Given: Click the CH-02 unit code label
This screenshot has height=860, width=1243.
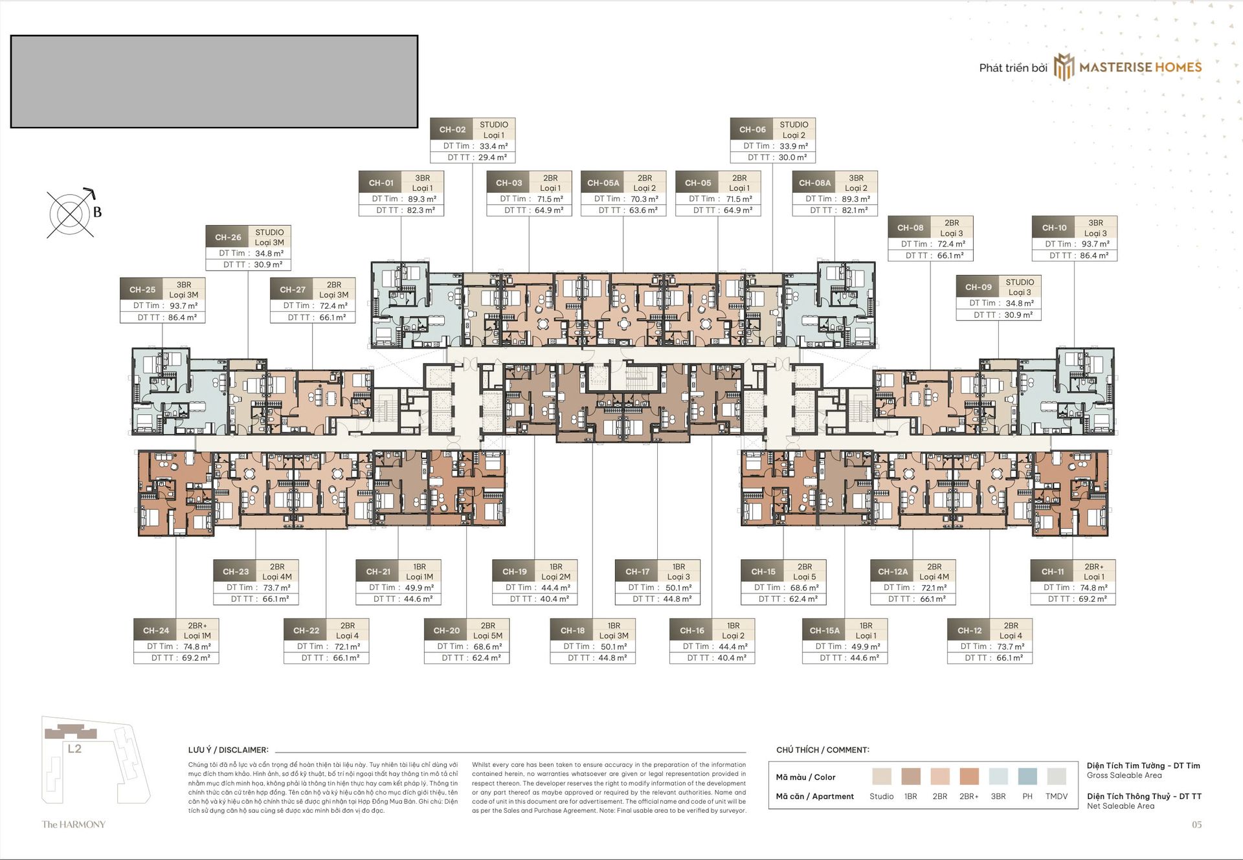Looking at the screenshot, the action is [452, 129].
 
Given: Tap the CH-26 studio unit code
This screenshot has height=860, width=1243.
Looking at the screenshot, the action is [228, 237].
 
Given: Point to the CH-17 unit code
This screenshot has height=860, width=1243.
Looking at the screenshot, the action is [637, 571].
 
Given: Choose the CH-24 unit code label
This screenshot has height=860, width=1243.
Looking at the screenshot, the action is [156, 630].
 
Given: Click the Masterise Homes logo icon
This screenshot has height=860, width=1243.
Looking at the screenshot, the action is [1064, 67].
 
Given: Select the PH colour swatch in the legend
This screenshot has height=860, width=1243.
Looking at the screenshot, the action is [1027, 777].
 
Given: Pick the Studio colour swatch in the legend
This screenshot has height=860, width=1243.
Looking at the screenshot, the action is [882, 777].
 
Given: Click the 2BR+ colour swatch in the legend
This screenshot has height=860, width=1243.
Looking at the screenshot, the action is [969, 777].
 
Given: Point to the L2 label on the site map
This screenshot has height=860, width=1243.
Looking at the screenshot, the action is [74, 749].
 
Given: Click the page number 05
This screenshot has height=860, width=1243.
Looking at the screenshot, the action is [1197, 824].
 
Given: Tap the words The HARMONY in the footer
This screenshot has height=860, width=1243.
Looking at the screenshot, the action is [74, 824].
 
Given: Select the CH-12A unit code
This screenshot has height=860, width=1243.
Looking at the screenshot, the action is [893, 571].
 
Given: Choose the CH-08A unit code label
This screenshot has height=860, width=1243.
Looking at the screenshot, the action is [814, 183].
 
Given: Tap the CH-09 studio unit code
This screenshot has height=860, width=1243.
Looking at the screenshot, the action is [978, 287].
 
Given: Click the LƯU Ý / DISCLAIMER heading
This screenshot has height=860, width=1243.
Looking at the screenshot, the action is [228, 750].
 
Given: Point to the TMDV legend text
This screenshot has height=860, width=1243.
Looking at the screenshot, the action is [1057, 797].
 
